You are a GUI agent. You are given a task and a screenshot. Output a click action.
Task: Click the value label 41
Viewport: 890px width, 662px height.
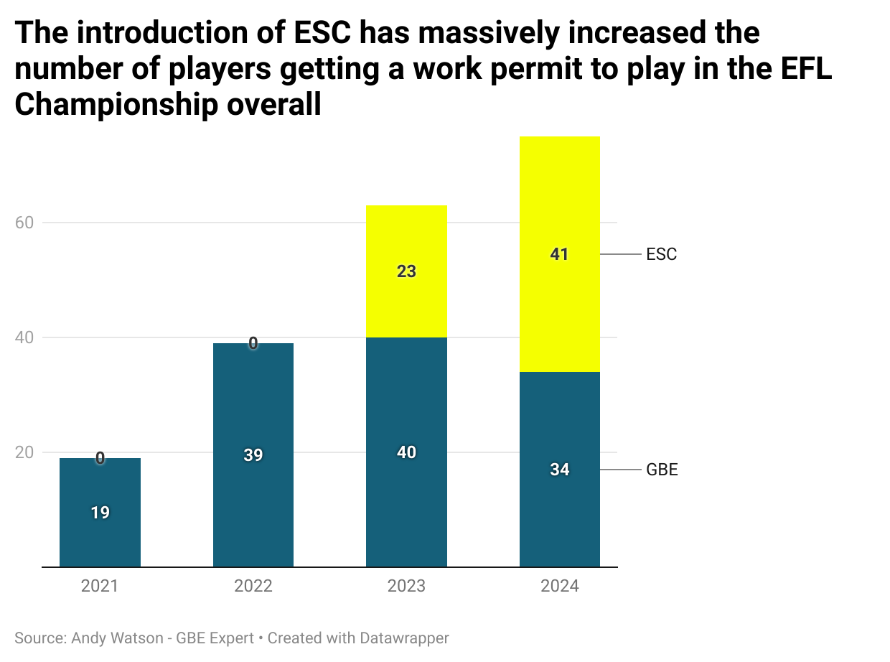(x=559, y=254)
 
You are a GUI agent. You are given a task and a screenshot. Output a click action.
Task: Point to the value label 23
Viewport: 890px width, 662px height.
(x=406, y=271)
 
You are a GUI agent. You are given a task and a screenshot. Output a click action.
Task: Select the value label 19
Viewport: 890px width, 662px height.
(x=100, y=513)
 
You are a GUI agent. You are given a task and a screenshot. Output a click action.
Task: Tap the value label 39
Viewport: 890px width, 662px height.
(x=253, y=455)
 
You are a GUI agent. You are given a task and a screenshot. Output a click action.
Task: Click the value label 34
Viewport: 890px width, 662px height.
(x=559, y=470)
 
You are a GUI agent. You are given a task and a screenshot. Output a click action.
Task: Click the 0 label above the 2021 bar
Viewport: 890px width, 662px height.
(x=100, y=458)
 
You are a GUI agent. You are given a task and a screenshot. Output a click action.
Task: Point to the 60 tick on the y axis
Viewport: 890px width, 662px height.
(x=25, y=223)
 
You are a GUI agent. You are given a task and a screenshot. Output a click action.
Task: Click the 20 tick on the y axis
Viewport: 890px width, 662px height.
(x=25, y=452)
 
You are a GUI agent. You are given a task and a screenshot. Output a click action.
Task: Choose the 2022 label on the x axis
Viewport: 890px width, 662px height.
(x=253, y=586)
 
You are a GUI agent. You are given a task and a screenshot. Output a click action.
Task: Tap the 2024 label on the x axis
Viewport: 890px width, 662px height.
(x=559, y=586)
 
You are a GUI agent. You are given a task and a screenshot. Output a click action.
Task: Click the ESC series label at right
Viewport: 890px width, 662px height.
(x=661, y=254)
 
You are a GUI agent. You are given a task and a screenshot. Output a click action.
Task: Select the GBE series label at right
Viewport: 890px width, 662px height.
(x=662, y=470)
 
